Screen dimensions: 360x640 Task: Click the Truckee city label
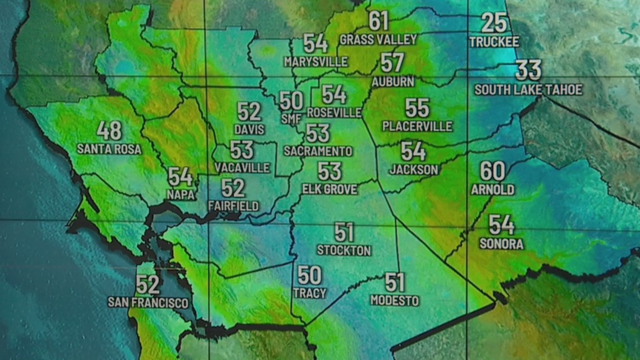point(494,42)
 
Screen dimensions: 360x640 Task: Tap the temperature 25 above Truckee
point(494,23)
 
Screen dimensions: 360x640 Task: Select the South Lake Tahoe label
point(528,90)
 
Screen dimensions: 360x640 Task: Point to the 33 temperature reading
point(528,70)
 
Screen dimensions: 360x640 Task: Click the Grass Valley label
point(378,39)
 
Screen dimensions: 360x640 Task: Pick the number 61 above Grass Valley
point(379,21)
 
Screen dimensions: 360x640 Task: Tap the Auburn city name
point(392,82)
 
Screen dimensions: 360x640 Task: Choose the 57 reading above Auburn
point(392,63)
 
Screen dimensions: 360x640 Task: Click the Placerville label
point(417,126)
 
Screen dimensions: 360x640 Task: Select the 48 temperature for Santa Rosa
point(109,131)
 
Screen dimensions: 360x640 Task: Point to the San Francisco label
point(148,303)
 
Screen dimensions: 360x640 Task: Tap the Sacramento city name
point(318,151)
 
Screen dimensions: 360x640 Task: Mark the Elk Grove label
point(329,189)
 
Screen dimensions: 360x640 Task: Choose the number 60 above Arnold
point(493,172)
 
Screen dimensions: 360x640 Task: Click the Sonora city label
point(501,244)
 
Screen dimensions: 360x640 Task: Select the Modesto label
point(395,300)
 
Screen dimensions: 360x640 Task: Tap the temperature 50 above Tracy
point(309,276)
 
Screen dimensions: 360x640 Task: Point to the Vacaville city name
point(242,167)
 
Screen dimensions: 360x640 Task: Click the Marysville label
point(315,62)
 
